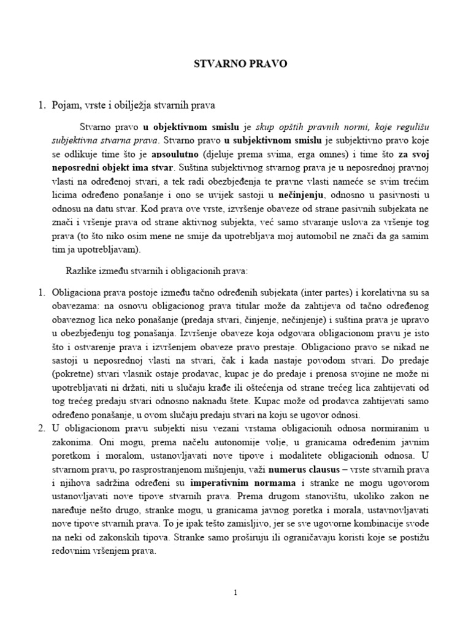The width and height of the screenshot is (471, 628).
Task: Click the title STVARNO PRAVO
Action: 235,63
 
